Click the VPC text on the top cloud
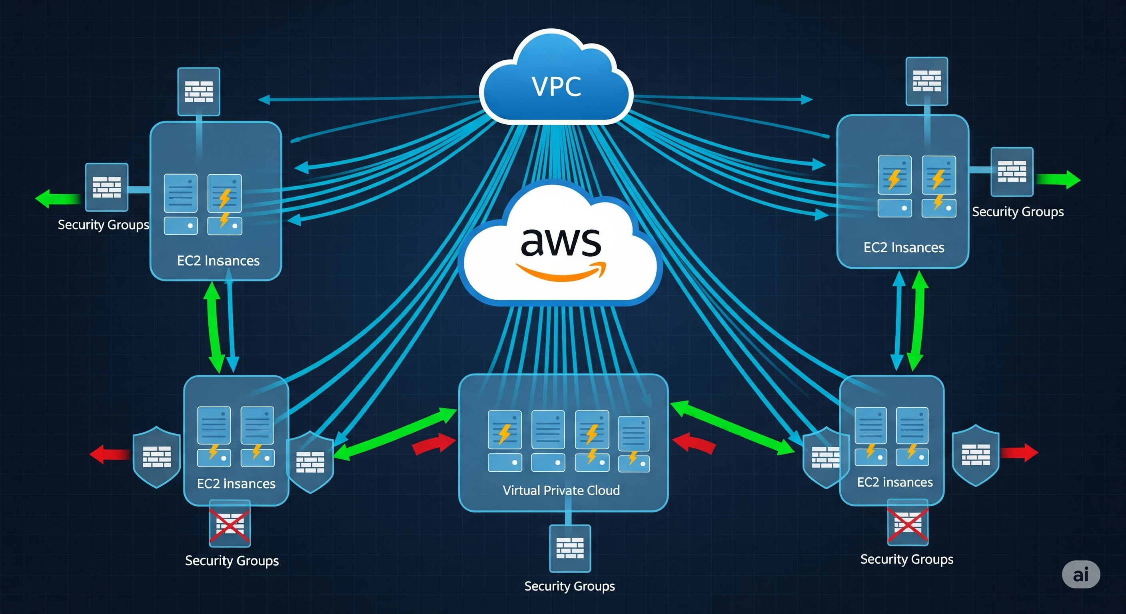pos(556,86)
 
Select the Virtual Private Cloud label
pos(561,490)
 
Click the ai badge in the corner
pos(1080,574)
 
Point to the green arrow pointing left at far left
pos(58,198)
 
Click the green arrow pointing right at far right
pos(1058,179)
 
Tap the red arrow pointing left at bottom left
pos(109,454)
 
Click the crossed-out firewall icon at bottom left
pos(230,524)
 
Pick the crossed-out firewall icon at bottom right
pos(907,522)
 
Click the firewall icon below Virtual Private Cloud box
pos(569,548)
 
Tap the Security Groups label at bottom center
pos(569,586)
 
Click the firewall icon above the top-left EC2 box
pos(198,91)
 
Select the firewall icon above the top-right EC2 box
pos(927,81)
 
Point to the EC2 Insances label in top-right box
pos(904,247)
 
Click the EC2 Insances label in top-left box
pos(218,261)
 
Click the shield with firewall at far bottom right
pos(976,455)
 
